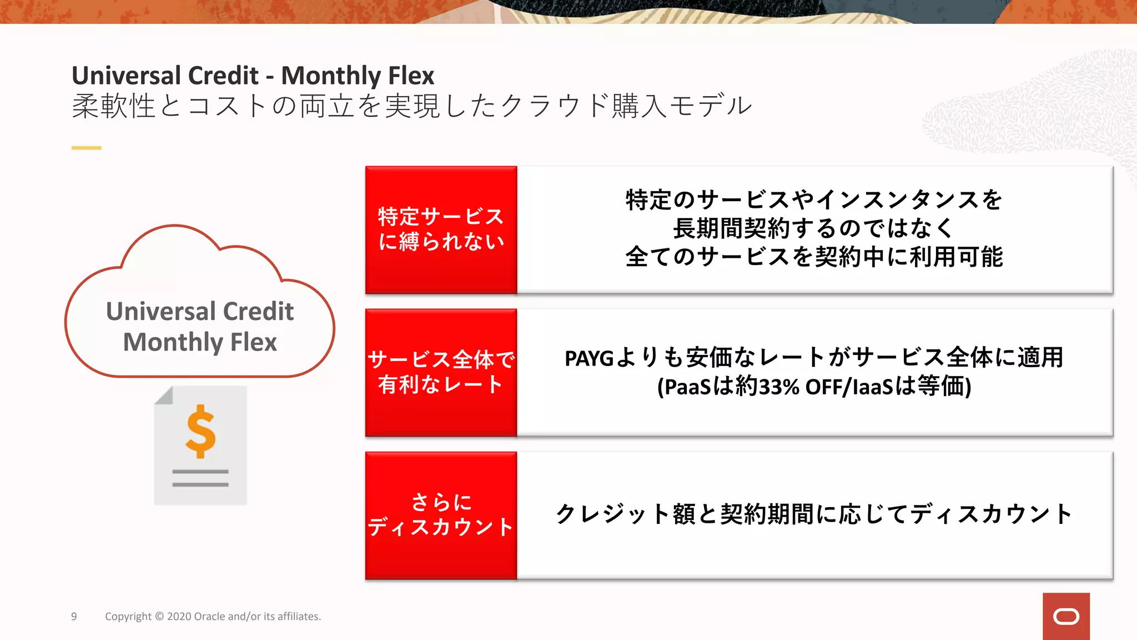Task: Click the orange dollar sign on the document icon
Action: [200, 431]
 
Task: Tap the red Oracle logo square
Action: [1065, 616]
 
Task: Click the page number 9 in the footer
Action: [74, 616]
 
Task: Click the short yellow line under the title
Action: [86, 148]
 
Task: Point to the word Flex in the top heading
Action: [411, 76]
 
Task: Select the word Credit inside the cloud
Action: [258, 311]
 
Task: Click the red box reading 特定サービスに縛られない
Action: [441, 229]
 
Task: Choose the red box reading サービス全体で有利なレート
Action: [441, 372]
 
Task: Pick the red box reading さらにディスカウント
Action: [441, 515]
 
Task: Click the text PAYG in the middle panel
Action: [588, 358]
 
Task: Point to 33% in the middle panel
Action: [778, 387]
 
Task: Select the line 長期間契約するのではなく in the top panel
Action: [814, 228]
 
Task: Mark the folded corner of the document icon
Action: [164, 396]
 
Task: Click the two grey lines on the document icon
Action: [200, 478]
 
